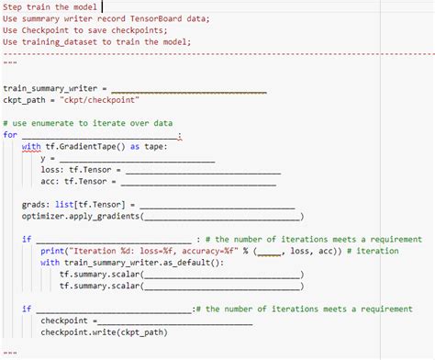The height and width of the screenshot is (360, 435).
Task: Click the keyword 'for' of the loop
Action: (x=10, y=135)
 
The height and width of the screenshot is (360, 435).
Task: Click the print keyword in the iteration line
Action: (x=50, y=251)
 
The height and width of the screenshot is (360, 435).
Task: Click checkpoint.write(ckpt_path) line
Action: (x=103, y=332)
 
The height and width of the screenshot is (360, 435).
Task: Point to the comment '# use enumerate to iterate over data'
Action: (x=87, y=123)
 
